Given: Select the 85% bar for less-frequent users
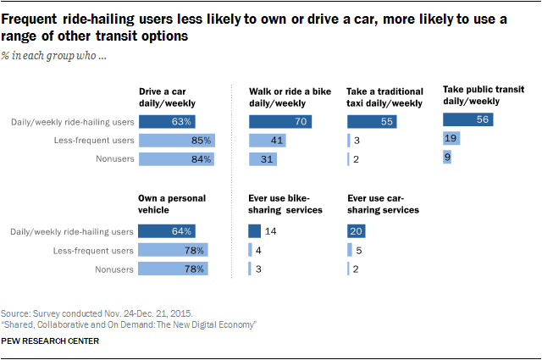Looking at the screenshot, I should click(176, 141).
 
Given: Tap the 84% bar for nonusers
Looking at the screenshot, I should click(176, 158).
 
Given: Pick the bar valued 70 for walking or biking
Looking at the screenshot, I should click(280, 122).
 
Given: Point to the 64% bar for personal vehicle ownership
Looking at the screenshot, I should click(167, 230).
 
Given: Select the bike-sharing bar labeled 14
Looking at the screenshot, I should click(254, 230).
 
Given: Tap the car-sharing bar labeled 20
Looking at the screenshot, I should click(356, 230).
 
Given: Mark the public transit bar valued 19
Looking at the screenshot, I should click(449, 138).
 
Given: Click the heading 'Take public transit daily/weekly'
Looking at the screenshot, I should click(482, 93).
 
